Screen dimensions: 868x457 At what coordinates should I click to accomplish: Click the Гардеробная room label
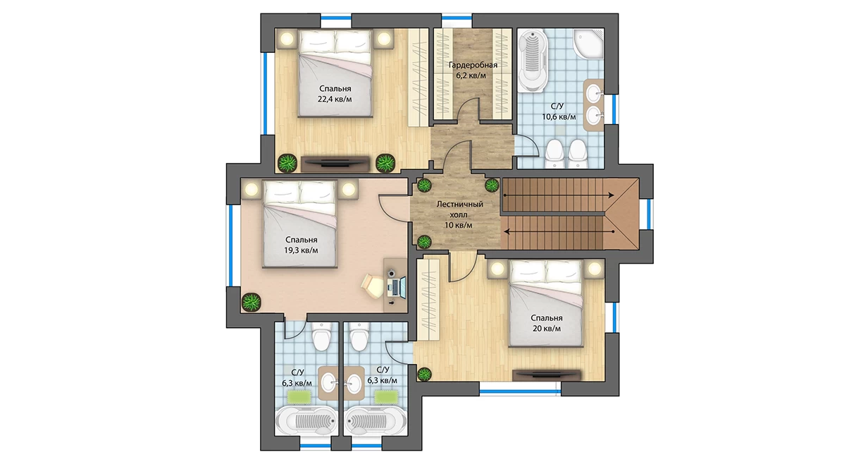point(473,65)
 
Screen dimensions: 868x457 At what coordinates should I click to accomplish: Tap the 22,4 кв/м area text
point(335,99)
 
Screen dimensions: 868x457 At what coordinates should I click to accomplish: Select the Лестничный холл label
point(459,209)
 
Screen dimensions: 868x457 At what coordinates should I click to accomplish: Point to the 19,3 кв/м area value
point(301,250)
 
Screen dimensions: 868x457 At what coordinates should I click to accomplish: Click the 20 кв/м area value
point(547,329)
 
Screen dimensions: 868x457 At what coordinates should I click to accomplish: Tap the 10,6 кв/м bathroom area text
point(559,117)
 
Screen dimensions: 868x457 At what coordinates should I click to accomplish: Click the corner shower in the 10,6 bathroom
point(588,43)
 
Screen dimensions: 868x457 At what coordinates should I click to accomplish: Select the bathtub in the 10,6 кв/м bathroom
point(533,61)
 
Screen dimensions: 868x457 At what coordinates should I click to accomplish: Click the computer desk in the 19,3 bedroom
point(395,285)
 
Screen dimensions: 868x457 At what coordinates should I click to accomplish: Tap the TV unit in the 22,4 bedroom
point(335,164)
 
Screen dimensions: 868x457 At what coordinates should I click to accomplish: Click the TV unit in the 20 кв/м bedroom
point(547,375)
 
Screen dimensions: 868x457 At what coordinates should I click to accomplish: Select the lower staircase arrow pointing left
point(559,231)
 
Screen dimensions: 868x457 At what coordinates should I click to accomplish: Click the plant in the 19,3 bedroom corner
point(251,302)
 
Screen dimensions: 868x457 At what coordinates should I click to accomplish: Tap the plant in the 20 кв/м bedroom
point(424,374)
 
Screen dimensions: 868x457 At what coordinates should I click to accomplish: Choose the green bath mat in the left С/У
point(299,397)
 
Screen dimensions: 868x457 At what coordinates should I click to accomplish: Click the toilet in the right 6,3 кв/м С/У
point(359,336)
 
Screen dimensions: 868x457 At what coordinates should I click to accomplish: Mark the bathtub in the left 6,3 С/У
point(305,421)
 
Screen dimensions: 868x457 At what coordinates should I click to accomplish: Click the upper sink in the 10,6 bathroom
point(594,92)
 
